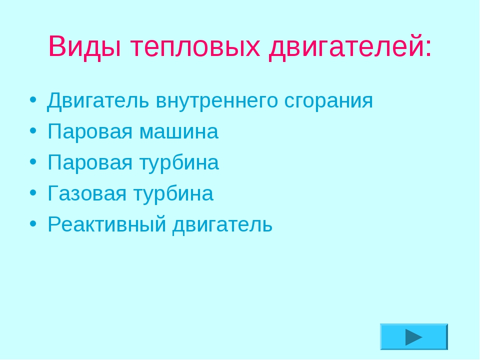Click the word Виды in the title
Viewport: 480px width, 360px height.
click(84, 46)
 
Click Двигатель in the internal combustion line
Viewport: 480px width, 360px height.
click(98, 100)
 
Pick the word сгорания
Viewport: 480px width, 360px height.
click(328, 101)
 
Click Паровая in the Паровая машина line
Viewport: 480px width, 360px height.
click(90, 131)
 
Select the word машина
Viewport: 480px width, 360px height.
click(179, 132)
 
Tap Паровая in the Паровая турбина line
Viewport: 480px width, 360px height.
click(90, 162)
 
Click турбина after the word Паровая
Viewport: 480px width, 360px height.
click(179, 162)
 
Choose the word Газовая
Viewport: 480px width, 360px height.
click(87, 193)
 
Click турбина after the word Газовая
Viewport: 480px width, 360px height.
click(173, 193)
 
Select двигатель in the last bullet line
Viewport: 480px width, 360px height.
click(222, 225)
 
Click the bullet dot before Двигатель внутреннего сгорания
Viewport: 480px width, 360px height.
click(33, 100)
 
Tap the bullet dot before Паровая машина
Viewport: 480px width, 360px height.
click(33, 130)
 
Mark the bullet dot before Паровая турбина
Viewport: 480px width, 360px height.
click(33, 161)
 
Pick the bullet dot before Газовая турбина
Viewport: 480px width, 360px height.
click(33, 192)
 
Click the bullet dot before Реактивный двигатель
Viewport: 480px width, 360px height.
click(33, 223)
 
